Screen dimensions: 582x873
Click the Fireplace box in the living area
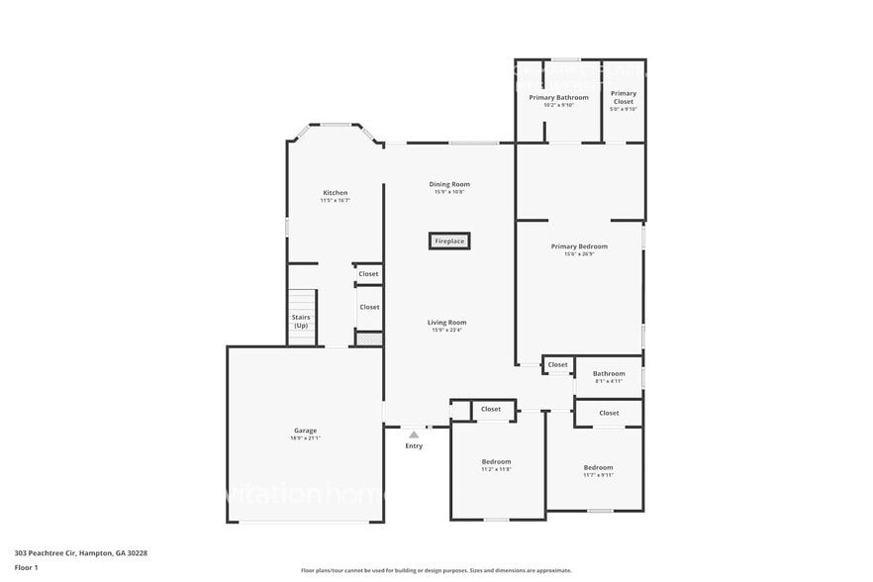click(x=449, y=241)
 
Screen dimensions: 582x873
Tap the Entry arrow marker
click(x=414, y=435)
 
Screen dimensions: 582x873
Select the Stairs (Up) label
click(x=301, y=322)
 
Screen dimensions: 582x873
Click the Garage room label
click(x=305, y=431)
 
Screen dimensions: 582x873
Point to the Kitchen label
click(x=336, y=192)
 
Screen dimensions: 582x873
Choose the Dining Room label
click(x=449, y=184)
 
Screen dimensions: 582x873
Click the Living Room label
click(x=447, y=323)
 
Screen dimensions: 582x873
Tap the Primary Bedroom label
click(x=579, y=246)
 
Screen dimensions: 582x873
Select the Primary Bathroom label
click(x=558, y=97)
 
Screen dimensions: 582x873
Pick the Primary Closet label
click(x=624, y=97)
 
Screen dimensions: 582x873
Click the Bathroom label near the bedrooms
click(x=609, y=374)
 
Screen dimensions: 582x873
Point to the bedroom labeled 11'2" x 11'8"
click(x=497, y=462)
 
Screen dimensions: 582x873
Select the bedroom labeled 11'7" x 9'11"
click(x=598, y=468)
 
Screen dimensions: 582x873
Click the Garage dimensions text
click(x=305, y=438)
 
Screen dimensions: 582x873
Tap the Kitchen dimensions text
click(x=336, y=201)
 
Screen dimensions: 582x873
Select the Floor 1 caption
click(x=26, y=567)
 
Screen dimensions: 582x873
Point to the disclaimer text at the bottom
click(x=436, y=570)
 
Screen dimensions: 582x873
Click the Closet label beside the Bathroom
click(x=558, y=364)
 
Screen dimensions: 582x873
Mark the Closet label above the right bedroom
click(x=609, y=413)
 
